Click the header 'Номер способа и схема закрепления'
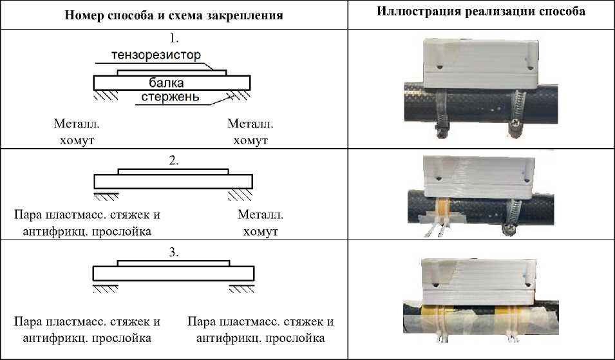pos(174,15)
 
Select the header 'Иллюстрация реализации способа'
pos(481,13)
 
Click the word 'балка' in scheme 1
pos(166,82)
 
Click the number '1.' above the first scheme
pos(173,37)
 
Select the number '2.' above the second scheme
pos(173,161)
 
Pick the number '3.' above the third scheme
pos(173,252)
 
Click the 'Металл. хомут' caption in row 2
pos(260,223)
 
